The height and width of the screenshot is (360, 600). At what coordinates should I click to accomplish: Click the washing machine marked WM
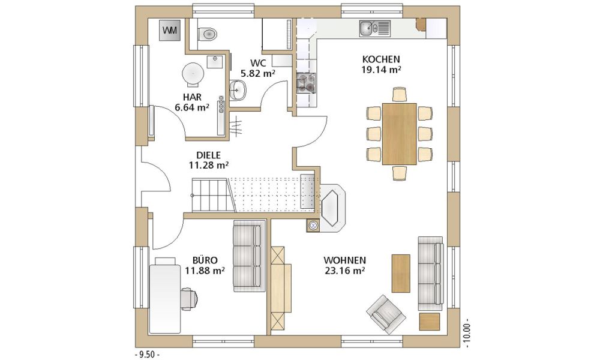(x=170, y=30)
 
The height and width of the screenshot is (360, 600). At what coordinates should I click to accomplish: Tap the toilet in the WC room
(x=207, y=34)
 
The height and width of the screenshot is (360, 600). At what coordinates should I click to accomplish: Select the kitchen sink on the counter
(x=374, y=28)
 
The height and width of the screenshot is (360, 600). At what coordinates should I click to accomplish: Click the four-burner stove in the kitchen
(x=306, y=83)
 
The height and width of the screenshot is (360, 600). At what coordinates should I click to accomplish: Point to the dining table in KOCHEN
(x=399, y=134)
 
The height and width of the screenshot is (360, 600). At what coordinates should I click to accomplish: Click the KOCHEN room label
(x=381, y=59)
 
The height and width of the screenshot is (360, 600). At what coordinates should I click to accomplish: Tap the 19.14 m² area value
(x=381, y=70)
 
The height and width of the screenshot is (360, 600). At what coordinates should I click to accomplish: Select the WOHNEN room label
(x=344, y=260)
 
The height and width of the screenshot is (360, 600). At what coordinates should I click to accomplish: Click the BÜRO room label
(x=205, y=260)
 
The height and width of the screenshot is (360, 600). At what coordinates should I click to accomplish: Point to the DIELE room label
(x=209, y=155)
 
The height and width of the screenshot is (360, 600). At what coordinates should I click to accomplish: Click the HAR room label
(x=192, y=97)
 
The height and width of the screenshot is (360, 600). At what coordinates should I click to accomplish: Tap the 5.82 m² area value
(x=258, y=73)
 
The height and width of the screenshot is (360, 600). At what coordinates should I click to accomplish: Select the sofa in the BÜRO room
(x=249, y=256)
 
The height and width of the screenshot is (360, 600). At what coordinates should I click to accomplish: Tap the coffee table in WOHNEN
(x=401, y=273)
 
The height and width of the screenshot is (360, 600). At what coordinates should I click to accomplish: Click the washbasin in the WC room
(x=239, y=90)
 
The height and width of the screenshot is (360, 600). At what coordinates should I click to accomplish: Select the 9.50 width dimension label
(x=148, y=355)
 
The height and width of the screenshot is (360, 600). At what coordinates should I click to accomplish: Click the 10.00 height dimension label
(x=467, y=333)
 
